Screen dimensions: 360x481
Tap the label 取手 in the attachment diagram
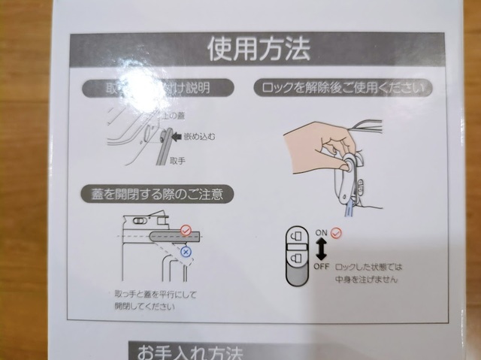178,161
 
